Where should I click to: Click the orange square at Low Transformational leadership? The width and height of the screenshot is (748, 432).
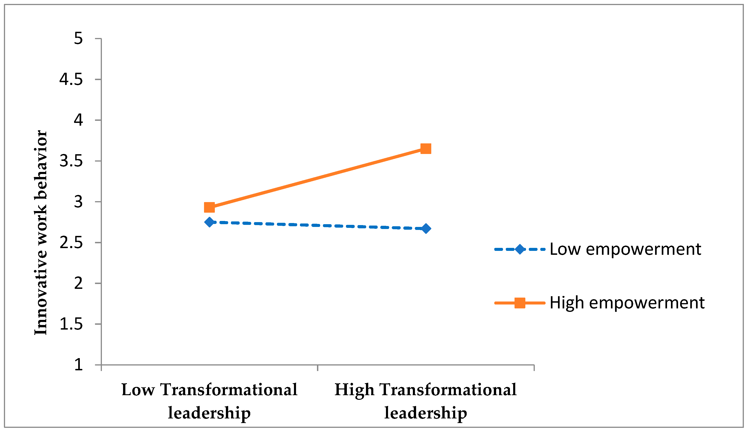coord(209,207)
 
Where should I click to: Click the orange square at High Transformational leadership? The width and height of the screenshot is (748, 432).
coord(426,149)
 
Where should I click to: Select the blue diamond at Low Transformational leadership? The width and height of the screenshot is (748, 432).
coord(209,222)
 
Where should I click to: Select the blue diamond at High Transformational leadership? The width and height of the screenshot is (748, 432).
coord(426,229)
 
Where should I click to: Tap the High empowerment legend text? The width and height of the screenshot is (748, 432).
coord(627,303)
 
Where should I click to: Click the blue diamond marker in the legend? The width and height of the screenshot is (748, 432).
coord(520,249)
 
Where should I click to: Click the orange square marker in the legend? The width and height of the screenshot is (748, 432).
coord(520,303)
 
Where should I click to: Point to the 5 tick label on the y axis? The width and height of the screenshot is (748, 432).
coord(78,39)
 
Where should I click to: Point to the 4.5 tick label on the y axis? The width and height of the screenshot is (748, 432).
coord(71,79)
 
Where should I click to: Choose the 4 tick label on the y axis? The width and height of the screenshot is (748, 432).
coord(78,120)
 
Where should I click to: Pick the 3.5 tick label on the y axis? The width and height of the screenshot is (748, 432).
coord(71,161)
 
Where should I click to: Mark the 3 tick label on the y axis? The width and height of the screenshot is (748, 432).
coord(78,202)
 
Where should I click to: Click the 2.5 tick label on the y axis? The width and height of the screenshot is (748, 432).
coord(71,243)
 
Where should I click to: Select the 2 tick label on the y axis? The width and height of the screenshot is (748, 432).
coord(78,283)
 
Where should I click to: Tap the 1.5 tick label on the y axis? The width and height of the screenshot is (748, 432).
coord(71,324)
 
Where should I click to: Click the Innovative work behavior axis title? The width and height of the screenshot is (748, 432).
coord(41,233)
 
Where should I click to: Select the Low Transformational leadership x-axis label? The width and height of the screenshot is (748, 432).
coord(209,401)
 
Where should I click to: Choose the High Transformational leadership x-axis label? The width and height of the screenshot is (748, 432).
coord(426,401)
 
